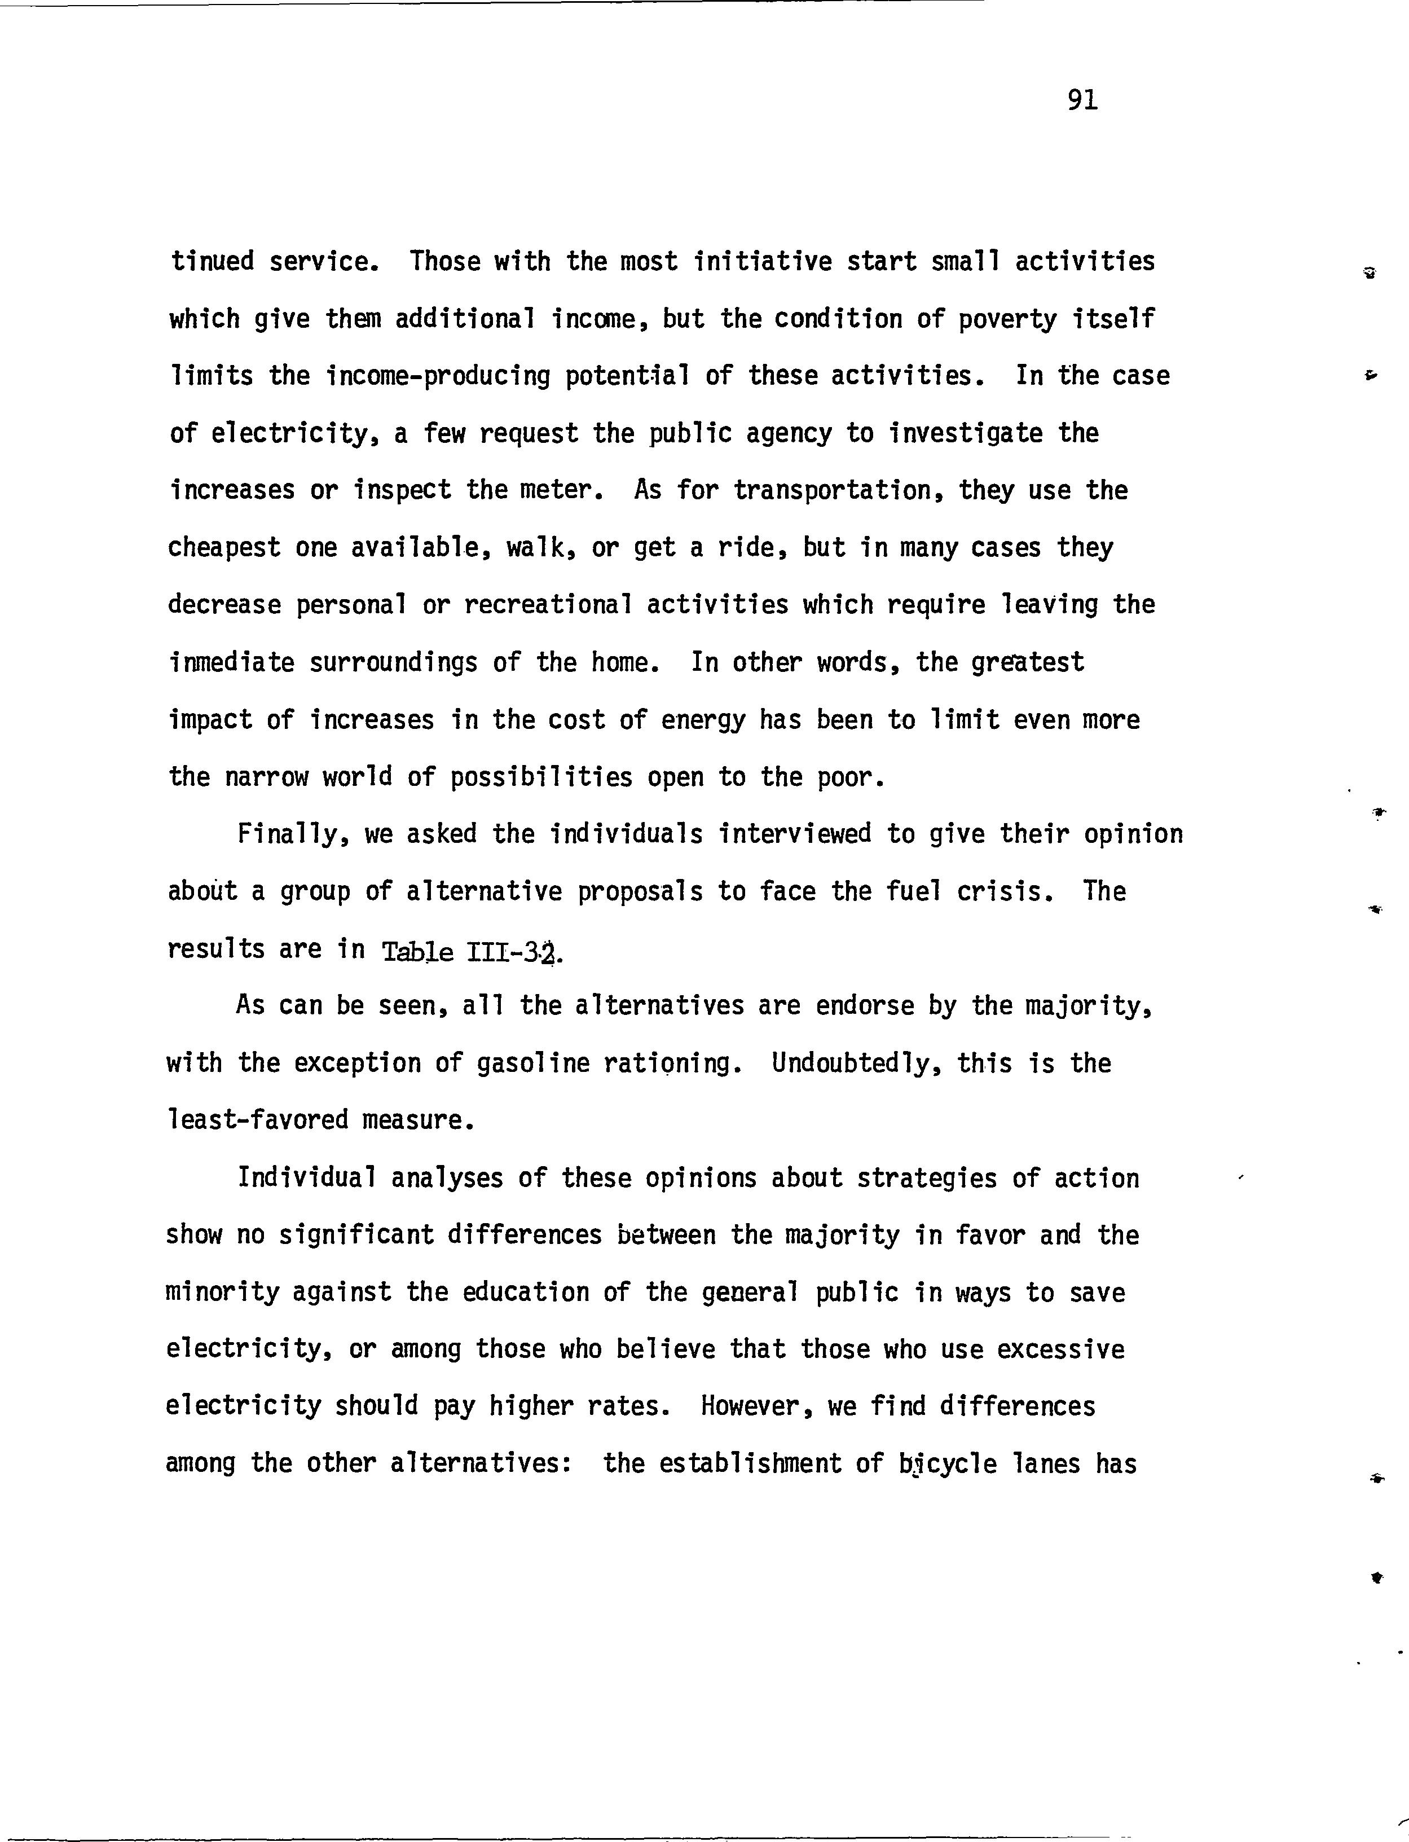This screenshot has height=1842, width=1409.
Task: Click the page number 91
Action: click(1082, 100)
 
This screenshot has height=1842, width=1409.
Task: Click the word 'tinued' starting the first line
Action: click(212, 262)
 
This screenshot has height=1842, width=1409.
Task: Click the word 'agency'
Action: click(789, 434)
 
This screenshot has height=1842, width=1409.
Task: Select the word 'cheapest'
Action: click(223, 548)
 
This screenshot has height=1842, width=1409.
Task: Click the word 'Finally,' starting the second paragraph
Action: click(293, 834)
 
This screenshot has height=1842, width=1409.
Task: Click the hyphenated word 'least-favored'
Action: click(257, 1120)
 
